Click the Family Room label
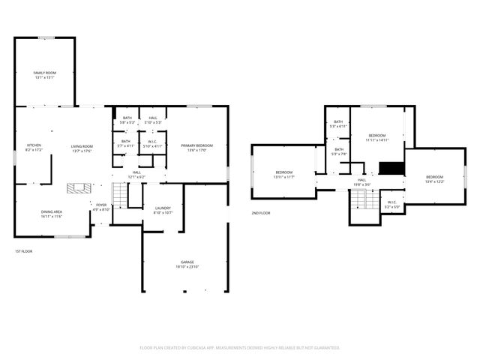[x=45, y=73]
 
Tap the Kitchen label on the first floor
[x=34, y=145]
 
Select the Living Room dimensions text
[x=82, y=151]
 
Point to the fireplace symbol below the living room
[x=78, y=187]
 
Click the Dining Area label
[x=52, y=212]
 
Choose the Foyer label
[x=100, y=205]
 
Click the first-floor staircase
[x=120, y=196]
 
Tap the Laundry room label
[x=163, y=208]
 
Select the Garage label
[x=186, y=262]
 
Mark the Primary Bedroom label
[x=197, y=145]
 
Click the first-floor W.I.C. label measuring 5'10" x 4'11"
[x=152, y=142]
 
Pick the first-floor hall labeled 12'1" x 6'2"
[x=137, y=172]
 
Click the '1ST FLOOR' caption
[x=23, y=250]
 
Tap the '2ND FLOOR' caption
[x=260, y=213]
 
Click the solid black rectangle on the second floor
[x=391, y=168]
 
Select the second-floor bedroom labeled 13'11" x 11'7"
[x=283, y=172]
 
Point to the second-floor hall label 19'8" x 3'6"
[x=361, y=180]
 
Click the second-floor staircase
[x=361, y=200]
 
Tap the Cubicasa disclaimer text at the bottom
[x=240, y=348]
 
